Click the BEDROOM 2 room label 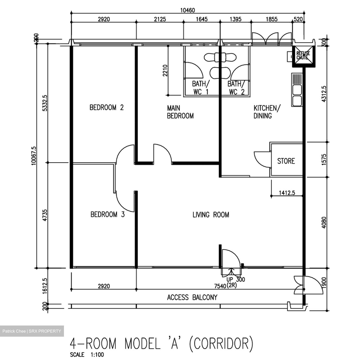coord(106,107)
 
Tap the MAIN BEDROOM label coord(180,112)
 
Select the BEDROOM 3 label coord(107,215)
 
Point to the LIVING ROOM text coord(211,215)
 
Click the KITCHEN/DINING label coord(267,112)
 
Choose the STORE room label coord(286,161)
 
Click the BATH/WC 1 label coord(201,88)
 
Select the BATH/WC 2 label coord(236,88)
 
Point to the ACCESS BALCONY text coord(192,297)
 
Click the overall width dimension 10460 coord(187,10)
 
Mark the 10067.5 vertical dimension coord(34,156)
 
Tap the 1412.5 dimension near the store coord(287,193)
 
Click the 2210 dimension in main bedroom coord(165,70)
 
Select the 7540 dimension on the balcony coord(220,286)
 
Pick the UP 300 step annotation coord(235,280)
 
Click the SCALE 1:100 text coord(87,355)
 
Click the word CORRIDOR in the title coord(221,344)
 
